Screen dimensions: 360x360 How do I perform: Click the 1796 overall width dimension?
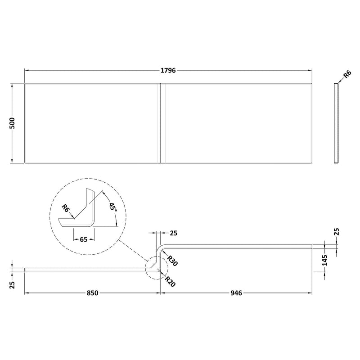(x=168, y=71)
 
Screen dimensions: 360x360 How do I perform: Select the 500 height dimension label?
(x=13, y=123)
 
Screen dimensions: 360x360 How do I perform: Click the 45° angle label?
(x=112, y=208)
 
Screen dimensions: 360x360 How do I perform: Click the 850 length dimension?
(x=92, y=293)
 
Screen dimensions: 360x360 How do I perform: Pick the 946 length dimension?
(x=237, y=293)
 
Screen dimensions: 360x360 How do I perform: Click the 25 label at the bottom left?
(x=13, y=285)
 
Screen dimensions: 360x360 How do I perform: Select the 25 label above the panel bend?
(x=174, y=233)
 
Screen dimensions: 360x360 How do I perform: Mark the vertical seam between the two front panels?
(x=161, y=122)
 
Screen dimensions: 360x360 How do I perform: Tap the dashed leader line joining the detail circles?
(x=133, y=253)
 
